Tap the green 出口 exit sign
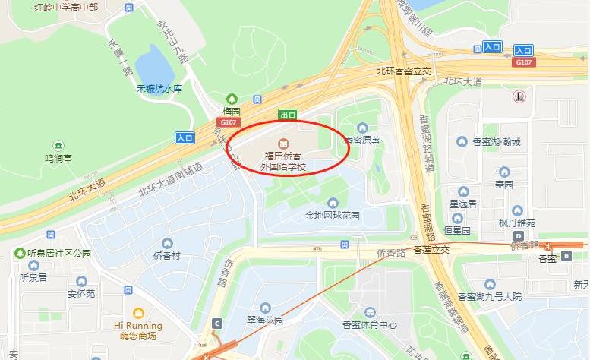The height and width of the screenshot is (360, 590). coord(288,115)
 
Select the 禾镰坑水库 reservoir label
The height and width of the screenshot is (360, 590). coord(159,88)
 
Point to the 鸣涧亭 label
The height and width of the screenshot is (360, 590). coord(58,159)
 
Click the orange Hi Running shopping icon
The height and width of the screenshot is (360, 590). coord(138,313)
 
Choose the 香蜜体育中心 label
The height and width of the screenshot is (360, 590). coord(370,324)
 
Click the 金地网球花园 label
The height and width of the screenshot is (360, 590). coord(333,215)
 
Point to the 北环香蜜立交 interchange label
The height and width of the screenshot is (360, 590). coord(404,71)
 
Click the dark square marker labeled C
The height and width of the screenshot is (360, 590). coord(218,323)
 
